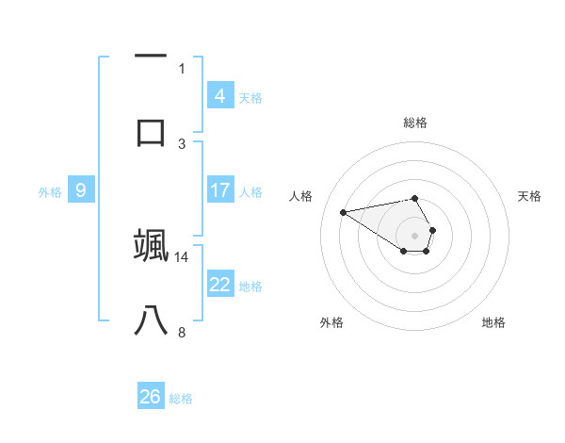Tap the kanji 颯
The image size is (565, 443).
[151, 244]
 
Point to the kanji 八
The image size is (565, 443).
[151, 321]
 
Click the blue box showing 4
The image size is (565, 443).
[220, 96]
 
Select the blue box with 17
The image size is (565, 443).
[220, 190]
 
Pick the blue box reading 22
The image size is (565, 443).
[220, 285]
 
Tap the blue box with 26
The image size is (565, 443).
[151, 397]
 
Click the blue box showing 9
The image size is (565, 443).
[81, 190]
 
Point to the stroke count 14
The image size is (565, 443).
[182, 256]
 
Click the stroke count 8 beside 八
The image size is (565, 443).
[182, 332]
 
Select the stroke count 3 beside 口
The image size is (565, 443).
[182, 143]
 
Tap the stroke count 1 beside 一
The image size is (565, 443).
[182, 68]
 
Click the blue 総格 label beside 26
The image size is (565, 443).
[181, 399]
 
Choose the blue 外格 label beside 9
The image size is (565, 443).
[50, 192]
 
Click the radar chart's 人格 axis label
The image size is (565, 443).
[301, 196]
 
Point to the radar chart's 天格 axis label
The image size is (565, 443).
[530, 196]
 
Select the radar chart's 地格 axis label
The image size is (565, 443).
[493, 322]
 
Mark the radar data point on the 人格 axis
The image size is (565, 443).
[343, 211]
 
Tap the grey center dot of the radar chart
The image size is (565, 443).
[414, 235]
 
